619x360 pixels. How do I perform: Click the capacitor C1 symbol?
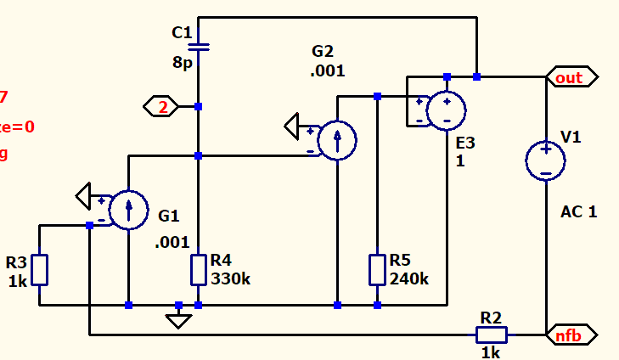coord(198,45)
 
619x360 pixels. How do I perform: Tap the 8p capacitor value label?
coord(182,63)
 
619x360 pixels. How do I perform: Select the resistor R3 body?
coord(40,269)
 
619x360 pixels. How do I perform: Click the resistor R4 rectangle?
coord(198,269)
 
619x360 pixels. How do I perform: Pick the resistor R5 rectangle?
coord(377,269)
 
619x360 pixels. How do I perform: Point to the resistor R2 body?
coord(491,335)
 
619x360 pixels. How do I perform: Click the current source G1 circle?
coord(128,210)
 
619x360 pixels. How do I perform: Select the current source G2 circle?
coord(337,140)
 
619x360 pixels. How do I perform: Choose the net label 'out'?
coord(571,77)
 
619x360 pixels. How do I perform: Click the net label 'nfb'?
coord(571,335)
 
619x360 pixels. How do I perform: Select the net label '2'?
coord(161,107)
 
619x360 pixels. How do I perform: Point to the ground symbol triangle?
coord(178,320)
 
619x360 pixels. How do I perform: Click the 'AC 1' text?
coord(579,211)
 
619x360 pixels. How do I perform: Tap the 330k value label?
coord(231,278)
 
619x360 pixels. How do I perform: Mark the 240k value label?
coord(410,278)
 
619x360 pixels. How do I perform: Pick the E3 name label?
coord(465,143)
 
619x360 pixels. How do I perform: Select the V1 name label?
coord(571,137)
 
